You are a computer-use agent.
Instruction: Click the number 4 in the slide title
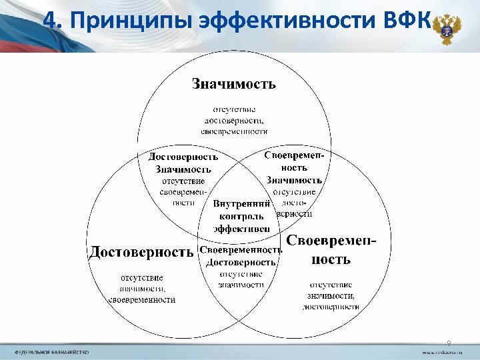[50, 22]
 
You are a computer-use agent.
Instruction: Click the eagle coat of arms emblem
[444, 29]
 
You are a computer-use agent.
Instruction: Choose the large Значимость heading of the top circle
[234, 84]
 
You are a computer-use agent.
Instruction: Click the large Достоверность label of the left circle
[142, 251]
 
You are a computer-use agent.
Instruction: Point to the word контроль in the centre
[241, 216]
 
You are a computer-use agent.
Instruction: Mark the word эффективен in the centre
[241, 228]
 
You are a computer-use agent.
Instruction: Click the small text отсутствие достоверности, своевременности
[234, 120]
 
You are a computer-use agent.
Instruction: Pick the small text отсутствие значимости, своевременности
[142, 288]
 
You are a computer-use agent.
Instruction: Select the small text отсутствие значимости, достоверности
[331, 295]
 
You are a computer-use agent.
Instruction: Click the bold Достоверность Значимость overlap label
[183, 163]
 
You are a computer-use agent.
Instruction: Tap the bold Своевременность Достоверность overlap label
[241, 256]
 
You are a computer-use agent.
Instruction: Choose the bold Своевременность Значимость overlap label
[295, 167]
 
